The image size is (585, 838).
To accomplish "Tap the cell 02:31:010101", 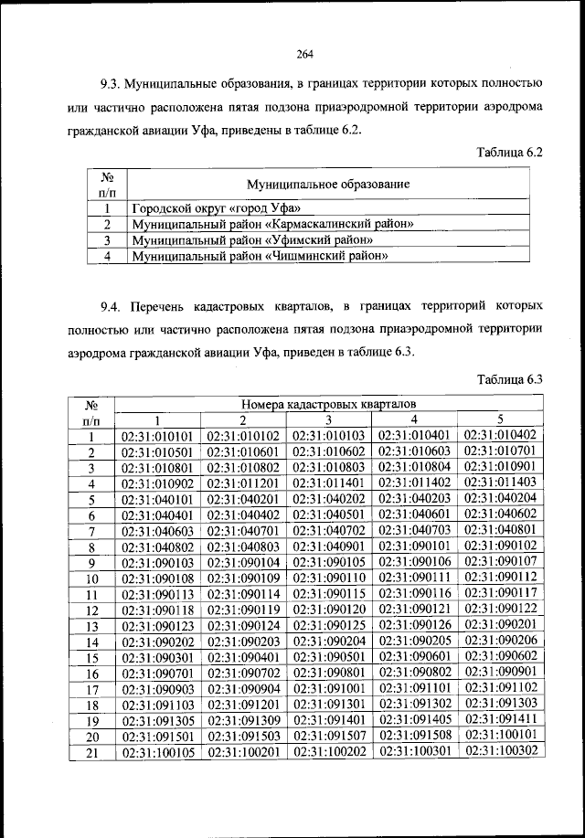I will point(157,437).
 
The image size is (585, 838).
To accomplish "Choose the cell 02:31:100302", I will point(500,750).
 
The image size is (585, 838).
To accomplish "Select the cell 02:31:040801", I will point(500,530).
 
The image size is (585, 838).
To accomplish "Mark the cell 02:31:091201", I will point(242,705).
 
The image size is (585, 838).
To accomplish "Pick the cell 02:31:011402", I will point(415,483).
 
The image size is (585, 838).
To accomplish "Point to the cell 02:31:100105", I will point(157,752).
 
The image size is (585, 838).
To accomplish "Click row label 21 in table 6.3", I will point(91,752).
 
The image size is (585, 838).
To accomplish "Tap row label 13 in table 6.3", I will point(91,626).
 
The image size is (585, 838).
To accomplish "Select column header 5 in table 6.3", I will point(500,419).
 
